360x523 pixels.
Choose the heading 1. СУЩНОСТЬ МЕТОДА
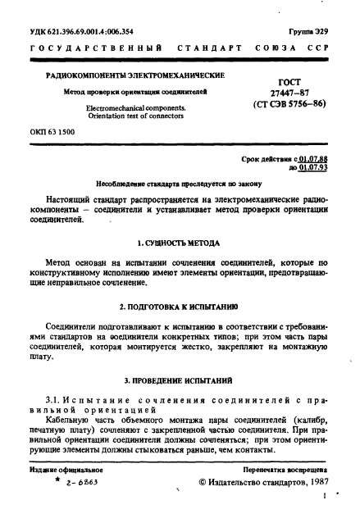click(x=180, y=243)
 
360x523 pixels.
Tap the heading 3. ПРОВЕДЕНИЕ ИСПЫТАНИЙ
click(x=180, y=381)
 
